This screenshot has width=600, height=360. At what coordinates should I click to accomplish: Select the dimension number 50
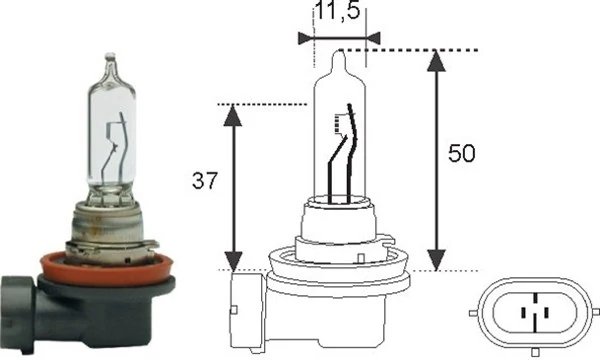[463, 154]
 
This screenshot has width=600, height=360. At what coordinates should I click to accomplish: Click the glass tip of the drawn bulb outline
[339, 55]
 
